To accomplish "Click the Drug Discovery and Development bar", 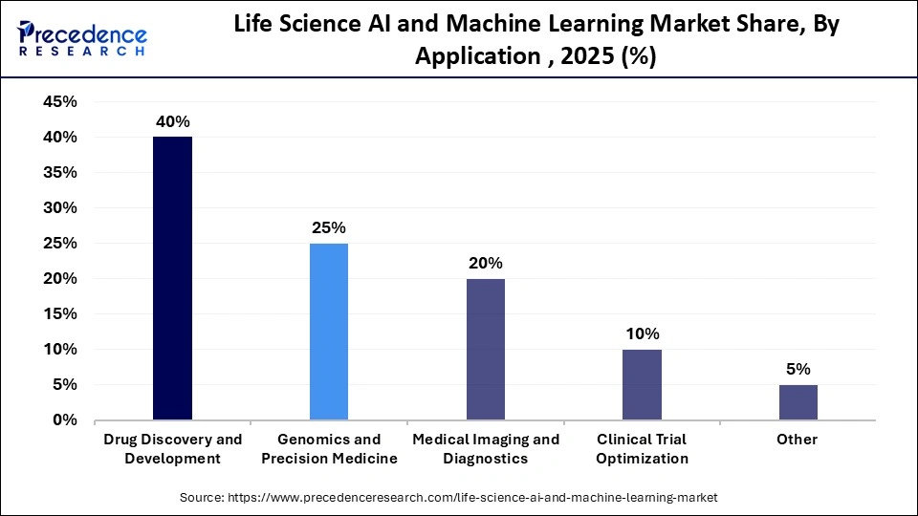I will tap(172, 278).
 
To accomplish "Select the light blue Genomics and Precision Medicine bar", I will tap(329, 332).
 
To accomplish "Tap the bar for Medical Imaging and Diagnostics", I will tap(486, 349).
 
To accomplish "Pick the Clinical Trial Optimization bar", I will tap(642, 384).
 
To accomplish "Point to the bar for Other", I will tap(798, 402).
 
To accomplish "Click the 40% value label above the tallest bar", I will tap(173, 122).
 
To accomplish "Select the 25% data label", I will tap(329, 228).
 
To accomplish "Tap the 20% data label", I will tap(486, 264).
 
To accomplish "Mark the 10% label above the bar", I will tap(642, 334).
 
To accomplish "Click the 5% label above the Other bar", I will tap(798, 370).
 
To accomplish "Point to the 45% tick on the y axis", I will tap(60, 102).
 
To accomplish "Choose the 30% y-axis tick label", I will tap(60, 208).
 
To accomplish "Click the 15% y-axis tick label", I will tap(60, 314).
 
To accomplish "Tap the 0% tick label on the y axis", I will tap(65, 420).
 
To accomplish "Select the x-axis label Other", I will tap(798, 440).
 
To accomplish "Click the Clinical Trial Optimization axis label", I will tap(642, 449).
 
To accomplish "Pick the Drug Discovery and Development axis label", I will tap(173, 449).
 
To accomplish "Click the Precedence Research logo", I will tap(82, 37).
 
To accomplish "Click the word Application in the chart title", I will tap(475, 56).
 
